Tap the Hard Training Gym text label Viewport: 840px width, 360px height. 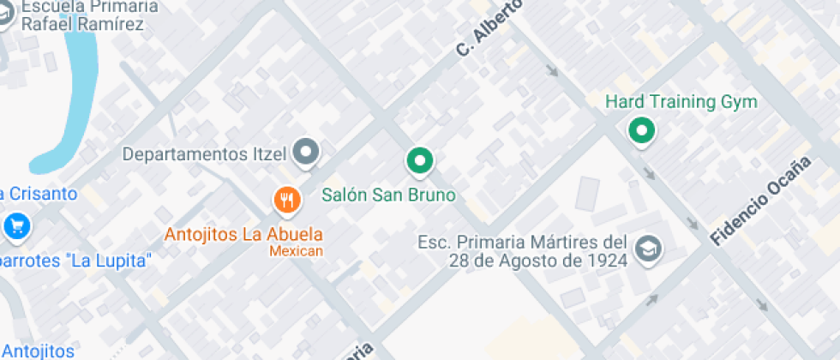pos(681,103)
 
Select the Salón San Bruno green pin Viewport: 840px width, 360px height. pos(418,159)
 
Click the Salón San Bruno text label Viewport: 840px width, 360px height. pos(388,195)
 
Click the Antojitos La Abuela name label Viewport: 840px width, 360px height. pos(243,234)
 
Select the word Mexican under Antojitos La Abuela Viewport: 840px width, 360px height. pos(296,251)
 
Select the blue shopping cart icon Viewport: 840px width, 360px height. pos(16,226)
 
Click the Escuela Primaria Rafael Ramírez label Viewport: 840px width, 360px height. pos(81,15)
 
